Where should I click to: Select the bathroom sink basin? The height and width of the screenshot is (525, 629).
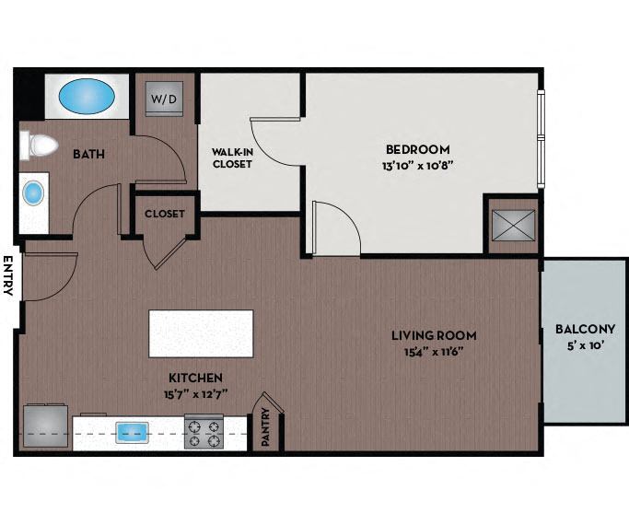tap(34, 193)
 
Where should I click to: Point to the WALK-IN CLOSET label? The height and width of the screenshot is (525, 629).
tap(231, 158)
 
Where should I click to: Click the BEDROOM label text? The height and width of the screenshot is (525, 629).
tap(417, 149)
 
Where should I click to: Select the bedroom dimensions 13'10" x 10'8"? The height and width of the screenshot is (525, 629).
tap(418, 166)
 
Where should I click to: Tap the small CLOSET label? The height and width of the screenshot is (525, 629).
tap(165, 214)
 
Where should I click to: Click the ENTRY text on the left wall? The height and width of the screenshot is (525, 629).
tap(8, 275)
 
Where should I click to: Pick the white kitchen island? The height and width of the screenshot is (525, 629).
tap(201, 333)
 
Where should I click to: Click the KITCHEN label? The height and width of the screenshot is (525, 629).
tap(195, 378)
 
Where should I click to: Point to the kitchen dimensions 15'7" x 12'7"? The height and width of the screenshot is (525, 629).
tap(195, 393)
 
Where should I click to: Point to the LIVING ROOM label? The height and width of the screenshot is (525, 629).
tap(433, 335)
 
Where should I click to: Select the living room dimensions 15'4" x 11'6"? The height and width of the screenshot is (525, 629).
tap(433, 351)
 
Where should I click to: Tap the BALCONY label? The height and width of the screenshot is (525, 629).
tap(579, 330)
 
